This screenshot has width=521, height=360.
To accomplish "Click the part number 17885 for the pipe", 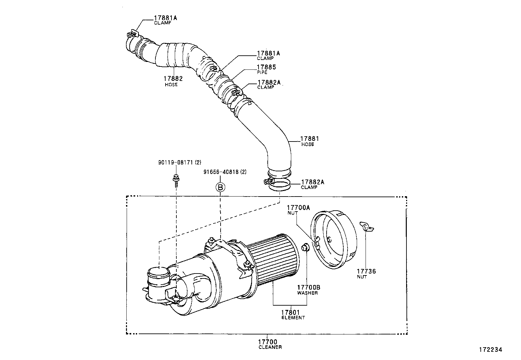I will pyautogui.click(x=266, y=67).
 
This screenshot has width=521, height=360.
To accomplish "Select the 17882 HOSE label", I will pyautogui.click(x=173, y=81).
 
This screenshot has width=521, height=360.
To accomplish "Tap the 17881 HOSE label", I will pyautogui.click(x=310, y=141).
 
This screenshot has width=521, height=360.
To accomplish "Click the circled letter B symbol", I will pyautogui.click(x=220, y=187).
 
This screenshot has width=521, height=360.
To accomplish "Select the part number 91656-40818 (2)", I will pyautogui.click(x=224, y=172).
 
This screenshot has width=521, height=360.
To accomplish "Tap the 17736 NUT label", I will pyautogui.click(x=366, y=273).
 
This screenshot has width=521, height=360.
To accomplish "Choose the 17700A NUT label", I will pyautogui.click(x=298, y=209).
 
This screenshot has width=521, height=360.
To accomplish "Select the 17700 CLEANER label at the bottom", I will pyautogui.click(x=270, y=344).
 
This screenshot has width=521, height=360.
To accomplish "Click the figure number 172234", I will pyautogui.click(x=491, y=350).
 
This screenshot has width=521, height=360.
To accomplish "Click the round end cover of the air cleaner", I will pyautogui.click(x=334, y=239).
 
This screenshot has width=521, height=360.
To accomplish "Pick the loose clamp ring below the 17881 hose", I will pyautogui.click(x=279, y=185).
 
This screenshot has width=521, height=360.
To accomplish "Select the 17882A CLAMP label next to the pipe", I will pyautogui.click(x=269, y=85).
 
